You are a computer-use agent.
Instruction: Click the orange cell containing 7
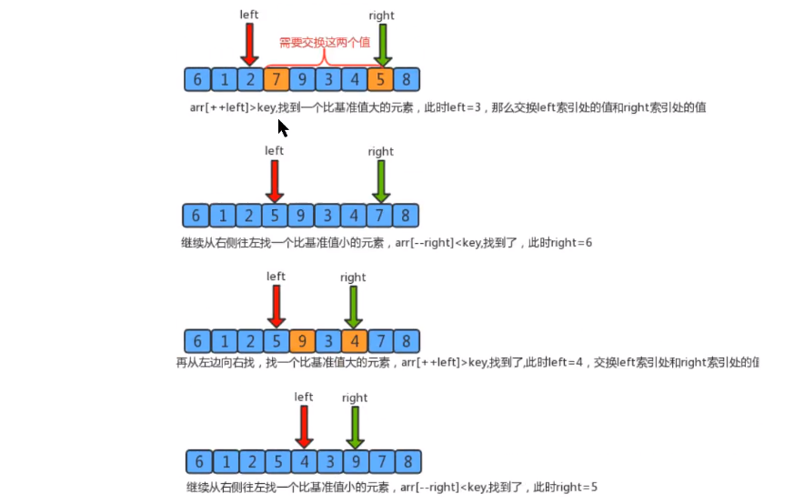click(x=276, y=79)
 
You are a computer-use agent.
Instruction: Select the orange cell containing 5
click(x=380, y=79)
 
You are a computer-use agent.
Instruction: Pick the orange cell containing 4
click(x=354, y=341)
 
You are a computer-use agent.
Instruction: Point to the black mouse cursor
click(x=282, y=127)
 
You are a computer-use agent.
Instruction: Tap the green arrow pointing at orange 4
click(x=354, y=307)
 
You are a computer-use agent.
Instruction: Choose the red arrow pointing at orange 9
click(x=276, y=305)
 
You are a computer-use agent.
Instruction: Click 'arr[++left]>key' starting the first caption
click(x=222, y=107)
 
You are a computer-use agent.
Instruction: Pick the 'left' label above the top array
click(x=249, y=15)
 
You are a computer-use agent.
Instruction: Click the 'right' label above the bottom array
click(x=355, y=398)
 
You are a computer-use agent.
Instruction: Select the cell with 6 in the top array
click(x=196, y=79)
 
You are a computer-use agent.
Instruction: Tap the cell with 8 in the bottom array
click(x=408, y=460)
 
